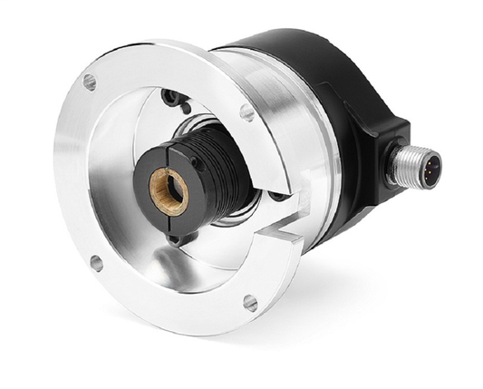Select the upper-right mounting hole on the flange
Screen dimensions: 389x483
(246, 112)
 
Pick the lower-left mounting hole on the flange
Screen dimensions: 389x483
(96, 263)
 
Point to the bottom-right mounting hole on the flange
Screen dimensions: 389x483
(250, 301)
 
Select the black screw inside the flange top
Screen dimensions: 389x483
(169, 96)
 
